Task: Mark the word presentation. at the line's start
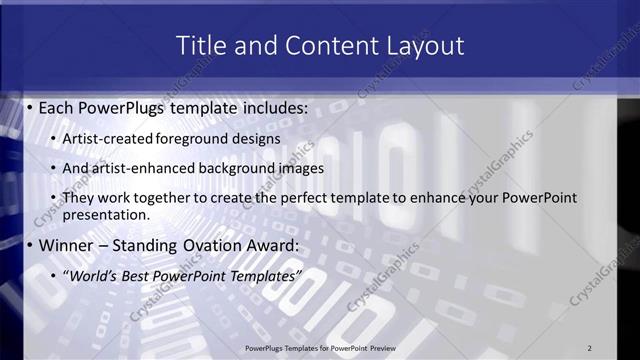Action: pos(106,214)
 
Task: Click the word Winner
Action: pos(65,245)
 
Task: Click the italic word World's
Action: pos(91,275)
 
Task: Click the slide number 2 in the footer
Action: pos(589,347)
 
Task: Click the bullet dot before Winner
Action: pos(29,245)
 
